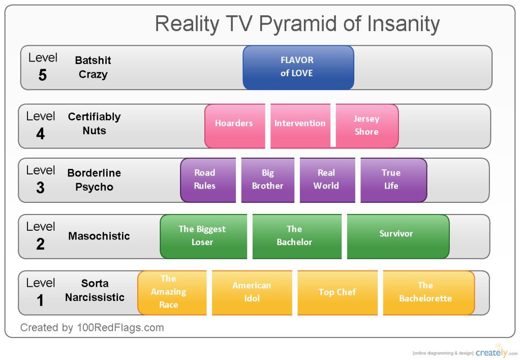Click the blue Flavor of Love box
pyautogui.click(x=298, y=67)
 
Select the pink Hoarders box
pyautogui.click(x=235, y=126)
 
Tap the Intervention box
pyautogui.click(x=300, y=126)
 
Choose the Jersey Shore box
pyautogui.click(x=367, y=126)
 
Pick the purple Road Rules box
pyautogui.click(x=208, y=180)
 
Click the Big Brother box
pyautogui.click(x=268, y=180)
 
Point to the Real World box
pyautogui.click(x=327, y=180)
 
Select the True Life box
pyautogui.click(x=393, y=180)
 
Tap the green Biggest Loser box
pyautogui.click(x=203, y=236)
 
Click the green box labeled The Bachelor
pyautogui.click(x=297, y=236)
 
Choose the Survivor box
pyautogui.click(x=398, y=236)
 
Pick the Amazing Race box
pyautogui.click(x=172, y=293)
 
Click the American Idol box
pyautogui.click(x=252, y=293)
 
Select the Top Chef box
pyautogui.click(x=338, y=293)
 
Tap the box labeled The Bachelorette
pyautogui.click(x=429, y=293)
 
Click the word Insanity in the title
pyautogui.click(x=403, y=24)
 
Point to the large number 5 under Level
pyautogui.click(x=43, y=75)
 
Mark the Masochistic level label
pyautogui.click(x=99, y=236)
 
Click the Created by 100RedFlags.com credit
pyautogui.click(x=92, y=328)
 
